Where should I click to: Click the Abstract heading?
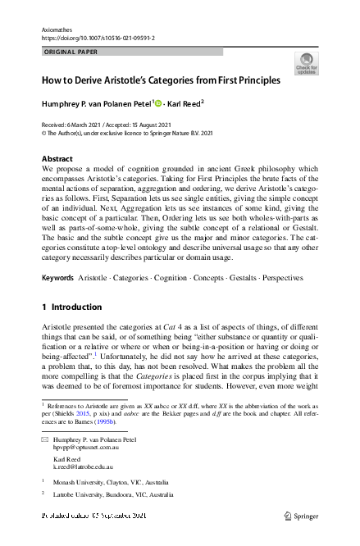[x=57, y=158]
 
